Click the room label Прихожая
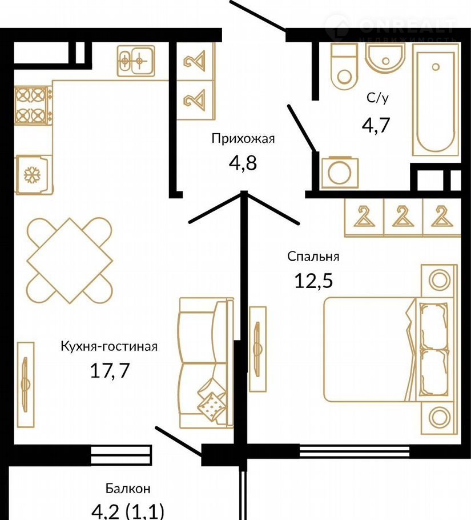coord(243,138)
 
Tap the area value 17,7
coord(109,370)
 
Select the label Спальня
coord(313,257)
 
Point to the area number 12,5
coord(313,281)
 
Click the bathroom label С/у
coord(377,98)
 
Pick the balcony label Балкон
coord(128,488)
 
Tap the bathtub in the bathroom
coord(435,99)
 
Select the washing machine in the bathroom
coord(340,173)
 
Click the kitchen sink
coord(136,61)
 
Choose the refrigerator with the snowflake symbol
coord(33,174)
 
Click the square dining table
coord(70,261)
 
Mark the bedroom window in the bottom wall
coord(355,451)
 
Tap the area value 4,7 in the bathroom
coord(376,125)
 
